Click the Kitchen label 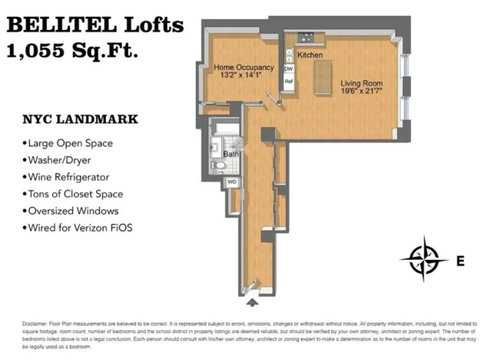[310, 55]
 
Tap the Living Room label [361, 83]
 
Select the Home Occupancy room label [244, 67]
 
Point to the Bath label [231, 154]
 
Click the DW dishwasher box [288, 69]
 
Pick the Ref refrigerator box [288, 81]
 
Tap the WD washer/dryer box [232, 182]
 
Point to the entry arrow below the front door [252, 303]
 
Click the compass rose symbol [424, 259]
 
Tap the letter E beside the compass [461, 261]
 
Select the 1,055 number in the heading [35, 50]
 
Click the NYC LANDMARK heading [80, 119]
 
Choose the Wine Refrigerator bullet [66, 177]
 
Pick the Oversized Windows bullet [70, 211]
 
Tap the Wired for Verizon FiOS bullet [77, 228]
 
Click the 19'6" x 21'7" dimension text [361, 91]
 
